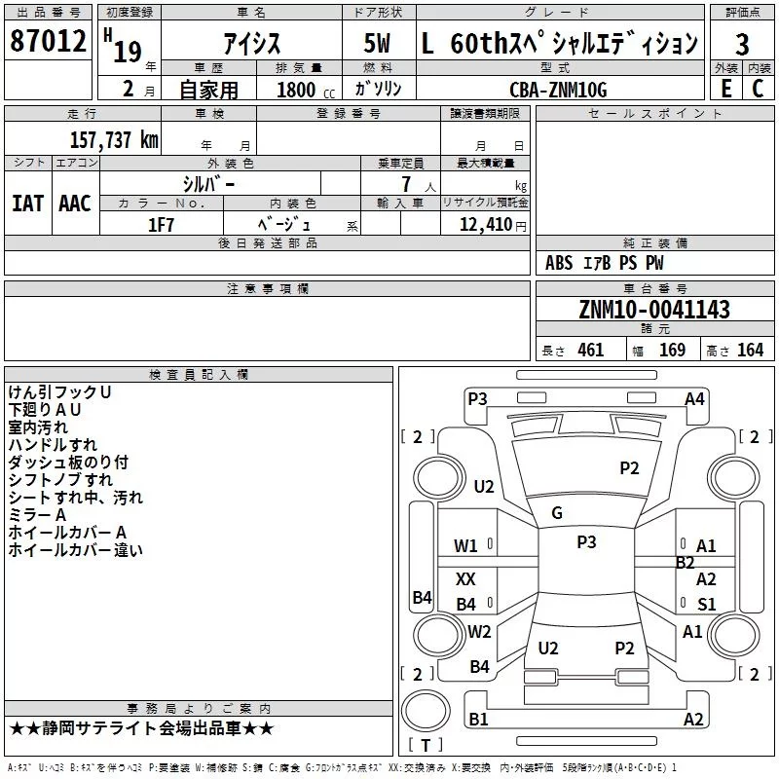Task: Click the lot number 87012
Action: pyautogui.click(x=48, y=41)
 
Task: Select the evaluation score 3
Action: pyautogui.click(x=742, y=44)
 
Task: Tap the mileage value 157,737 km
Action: pyautogui.click(x=114, y=139)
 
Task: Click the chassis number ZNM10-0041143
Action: pyautogui.click(x=654, y=311)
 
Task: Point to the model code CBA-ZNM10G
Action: pyautogui.click(x=558, y=90)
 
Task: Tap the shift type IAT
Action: pyautogui.click(x=27, y=203)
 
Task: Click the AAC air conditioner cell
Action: pyautogui.click(x=75, y=203)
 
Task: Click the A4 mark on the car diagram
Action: pyautogui.click(x=694, y=398)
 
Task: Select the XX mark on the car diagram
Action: pyautogui.click(x=466, y=579)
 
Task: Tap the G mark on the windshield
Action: pyautogui.click(x=557, y=513)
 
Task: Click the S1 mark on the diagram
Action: pyautogui.click(x=707, y=604)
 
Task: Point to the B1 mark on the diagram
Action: pyautogui.click(x=478, y=719)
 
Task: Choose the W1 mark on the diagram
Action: pyautogui.click(x=466, y=546)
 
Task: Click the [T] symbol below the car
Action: pyautogui.click(x=426, y=746)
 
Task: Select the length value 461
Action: pyautogui.click(x=591, y=350)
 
